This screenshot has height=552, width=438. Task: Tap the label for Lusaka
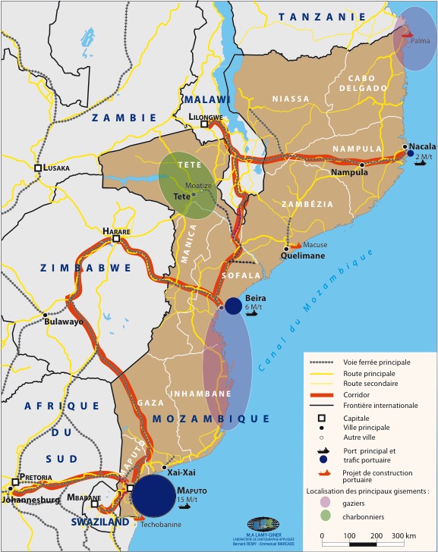pyautogui.click(x=55, y=168)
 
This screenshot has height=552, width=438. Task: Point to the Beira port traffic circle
pyautogui.click(x=234, y=306)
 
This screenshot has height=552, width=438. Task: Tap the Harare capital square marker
pyautogui.click(x=116, y=239)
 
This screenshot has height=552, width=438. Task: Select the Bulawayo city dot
pyautogui.click(x=46, y=314)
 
